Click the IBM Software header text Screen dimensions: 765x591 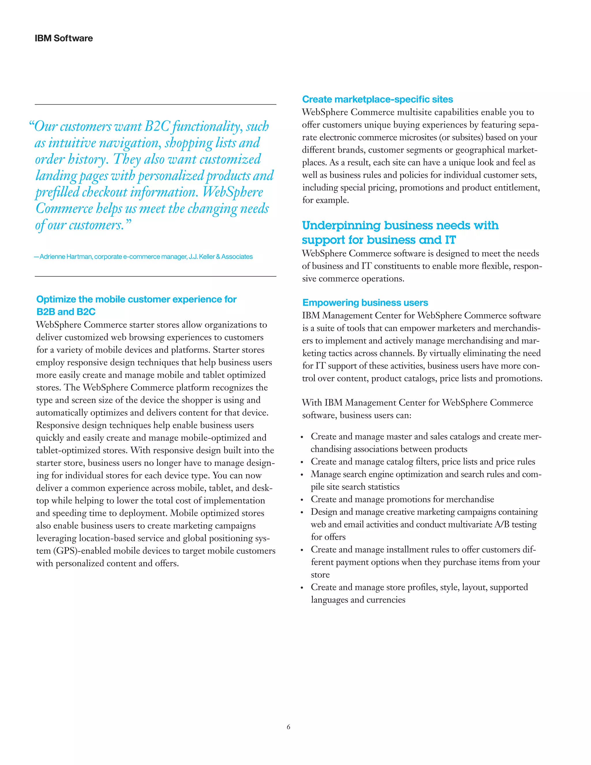(x=64, y=38)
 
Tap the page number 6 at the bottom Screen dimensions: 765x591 (x=289, y=727)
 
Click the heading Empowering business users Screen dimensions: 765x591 (x=365, y=302)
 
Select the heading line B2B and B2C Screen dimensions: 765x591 (x=66, y=311)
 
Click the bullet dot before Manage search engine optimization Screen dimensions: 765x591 (x=302, y=475)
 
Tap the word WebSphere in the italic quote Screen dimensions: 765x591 (x=233, y=192)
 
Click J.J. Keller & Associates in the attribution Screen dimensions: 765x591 (x=220, y=257)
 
